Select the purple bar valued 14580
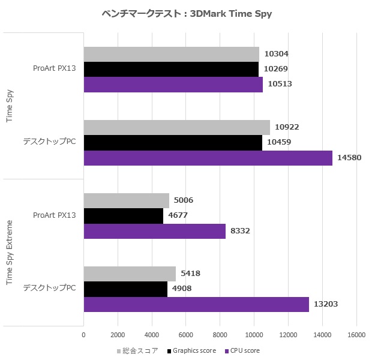[208, 158]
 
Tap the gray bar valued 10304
[171, 54]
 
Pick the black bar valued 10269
[170, 69]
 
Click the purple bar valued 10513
[173, 85]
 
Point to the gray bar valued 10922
[176, 127]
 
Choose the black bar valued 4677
[123, 215]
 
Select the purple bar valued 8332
[154, 231]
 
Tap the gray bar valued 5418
[130, 274]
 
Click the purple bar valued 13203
[196, 304]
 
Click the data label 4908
[179, 289]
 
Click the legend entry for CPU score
[242, 350]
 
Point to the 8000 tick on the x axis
[220, 334]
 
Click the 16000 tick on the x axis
[356, 334]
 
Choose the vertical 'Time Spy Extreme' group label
[10, 252]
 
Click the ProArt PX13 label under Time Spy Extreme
[55, 215]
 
